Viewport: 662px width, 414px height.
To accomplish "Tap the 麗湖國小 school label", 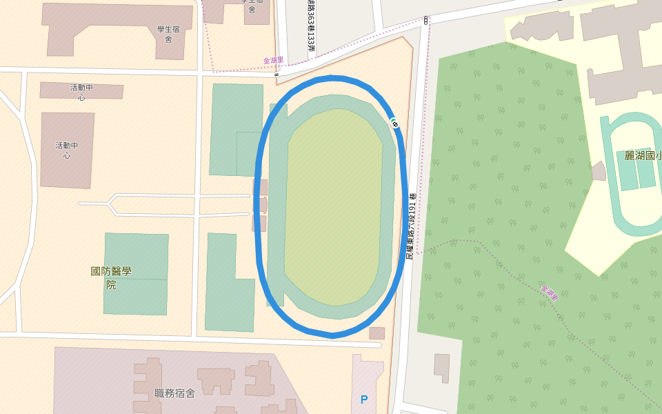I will [x=642, y=156].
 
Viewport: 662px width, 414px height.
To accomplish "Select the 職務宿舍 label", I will [x=175, y=393].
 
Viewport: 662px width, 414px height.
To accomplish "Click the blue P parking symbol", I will [x=364, y=400].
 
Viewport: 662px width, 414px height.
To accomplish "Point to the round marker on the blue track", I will [x=394, y=124].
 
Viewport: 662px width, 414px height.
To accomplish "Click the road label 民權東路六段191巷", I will [x=412, y=226].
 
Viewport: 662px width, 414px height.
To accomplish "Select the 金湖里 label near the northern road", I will [x=273, y=61].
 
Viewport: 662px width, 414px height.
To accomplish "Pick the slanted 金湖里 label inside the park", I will [x=550, y=293].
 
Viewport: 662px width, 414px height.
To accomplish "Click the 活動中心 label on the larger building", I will [x=67, y=150].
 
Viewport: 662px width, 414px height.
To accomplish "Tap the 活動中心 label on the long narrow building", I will [x=81, y=92].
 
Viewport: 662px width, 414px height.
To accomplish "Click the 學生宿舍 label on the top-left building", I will [x=168, y=34].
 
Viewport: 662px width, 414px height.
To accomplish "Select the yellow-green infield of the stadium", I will [x=334, y=207].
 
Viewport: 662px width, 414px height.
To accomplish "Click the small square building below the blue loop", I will [x=377, y=333].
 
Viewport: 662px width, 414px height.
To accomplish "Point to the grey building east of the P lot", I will [x=441, y=367].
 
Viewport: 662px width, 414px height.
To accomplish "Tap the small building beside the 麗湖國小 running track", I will [x=599, y=171].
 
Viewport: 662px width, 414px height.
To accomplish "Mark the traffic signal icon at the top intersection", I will [x=426, y=20].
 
